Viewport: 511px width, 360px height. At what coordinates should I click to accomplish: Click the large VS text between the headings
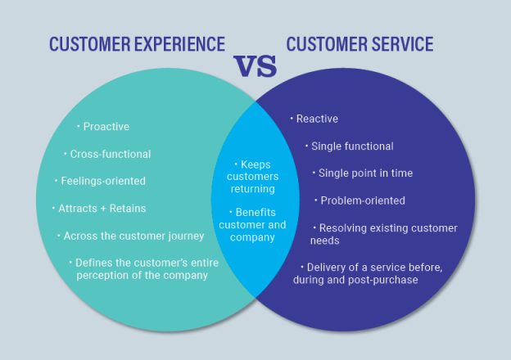255,66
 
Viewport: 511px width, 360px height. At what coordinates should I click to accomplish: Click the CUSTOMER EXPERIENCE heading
137,43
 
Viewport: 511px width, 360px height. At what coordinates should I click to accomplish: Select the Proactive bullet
106,127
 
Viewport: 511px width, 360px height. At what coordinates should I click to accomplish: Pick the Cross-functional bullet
110,154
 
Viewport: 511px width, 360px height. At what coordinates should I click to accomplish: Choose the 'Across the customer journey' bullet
133,236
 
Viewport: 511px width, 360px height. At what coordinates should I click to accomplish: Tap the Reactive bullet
316,119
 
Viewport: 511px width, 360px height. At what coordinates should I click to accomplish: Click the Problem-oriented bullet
362,200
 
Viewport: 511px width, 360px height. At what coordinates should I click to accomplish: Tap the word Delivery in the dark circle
327,267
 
